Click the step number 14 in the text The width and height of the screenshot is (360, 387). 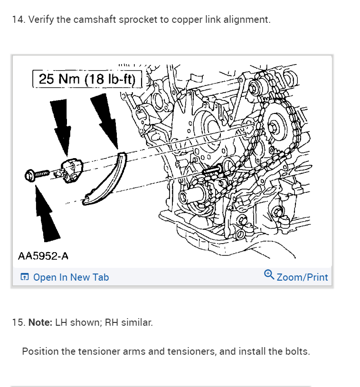[x=17, y=20]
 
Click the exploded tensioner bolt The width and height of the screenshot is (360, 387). [x=38, y=174]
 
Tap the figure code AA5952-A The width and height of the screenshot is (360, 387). [x=43, y=256]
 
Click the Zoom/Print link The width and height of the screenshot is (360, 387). [x=302, y=277]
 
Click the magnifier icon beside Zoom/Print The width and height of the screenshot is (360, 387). [x=269, y=274]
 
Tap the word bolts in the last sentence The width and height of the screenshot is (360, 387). [x=298, y=352]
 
